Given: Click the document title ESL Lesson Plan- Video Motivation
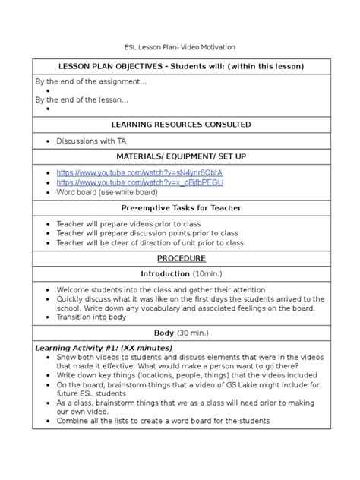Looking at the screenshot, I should (x=180, y=47).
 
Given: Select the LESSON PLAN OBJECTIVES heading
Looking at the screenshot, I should (x=181, y=66).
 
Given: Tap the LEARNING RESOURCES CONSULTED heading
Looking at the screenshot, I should (x=181, y=124).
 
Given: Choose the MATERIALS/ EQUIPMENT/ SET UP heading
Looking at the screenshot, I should (x=179, y=156).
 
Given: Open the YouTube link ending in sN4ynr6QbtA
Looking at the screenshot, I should (x=140, y=173).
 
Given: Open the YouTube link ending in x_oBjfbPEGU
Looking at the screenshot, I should (x=139, y=183).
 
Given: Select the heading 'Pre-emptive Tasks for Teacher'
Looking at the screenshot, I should (x=180, y=207).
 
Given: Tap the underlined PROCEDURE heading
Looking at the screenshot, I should (x=180, y=258).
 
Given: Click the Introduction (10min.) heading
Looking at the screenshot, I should (x=180, y=273).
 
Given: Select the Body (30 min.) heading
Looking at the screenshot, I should (x=180, y=333).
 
